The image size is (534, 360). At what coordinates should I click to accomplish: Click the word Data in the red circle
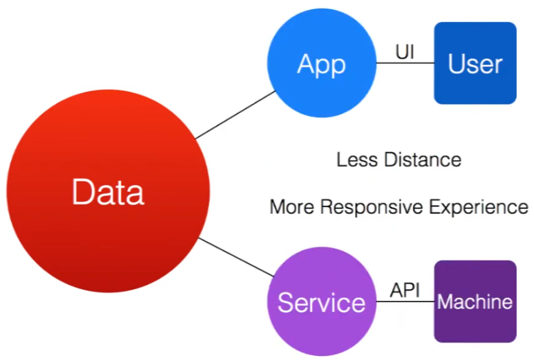point(108,192)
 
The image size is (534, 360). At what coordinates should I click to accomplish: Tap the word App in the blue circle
point(321,64)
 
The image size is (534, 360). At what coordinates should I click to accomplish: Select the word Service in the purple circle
point(321,303)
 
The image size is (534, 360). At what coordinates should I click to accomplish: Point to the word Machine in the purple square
point(475,302)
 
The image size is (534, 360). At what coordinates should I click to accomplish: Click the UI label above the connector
point(405,52)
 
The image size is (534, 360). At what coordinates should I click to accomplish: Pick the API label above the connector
point(405,290)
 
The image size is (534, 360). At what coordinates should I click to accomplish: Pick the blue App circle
point(321,93)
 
